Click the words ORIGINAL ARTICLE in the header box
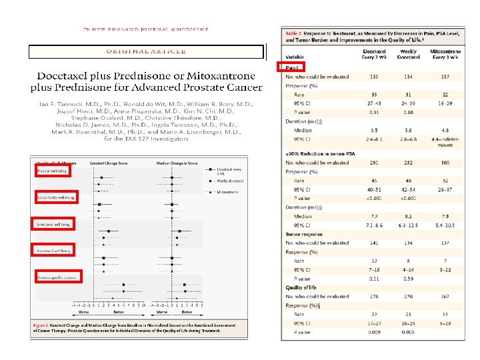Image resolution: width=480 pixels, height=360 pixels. click(146, 51)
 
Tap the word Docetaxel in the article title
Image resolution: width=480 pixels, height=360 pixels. click(65, 77)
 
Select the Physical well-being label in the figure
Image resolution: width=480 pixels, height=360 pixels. click(52, 171)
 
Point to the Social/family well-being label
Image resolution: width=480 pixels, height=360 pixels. click(55, 198)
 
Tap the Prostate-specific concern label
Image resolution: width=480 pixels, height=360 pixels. click(57, 277)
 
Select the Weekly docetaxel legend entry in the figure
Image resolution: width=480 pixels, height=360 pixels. click(231, 181)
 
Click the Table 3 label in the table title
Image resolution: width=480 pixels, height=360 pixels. click(293, 33)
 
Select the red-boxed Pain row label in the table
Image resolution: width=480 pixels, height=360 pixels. click(291, 68)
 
